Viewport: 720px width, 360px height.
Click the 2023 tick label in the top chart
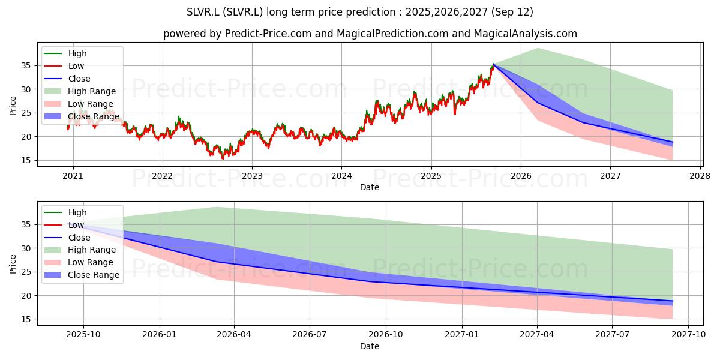(x=252, y=176)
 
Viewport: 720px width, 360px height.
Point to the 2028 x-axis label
(x=700, y=176)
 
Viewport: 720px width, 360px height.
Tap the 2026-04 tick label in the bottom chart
(x=234, y=335)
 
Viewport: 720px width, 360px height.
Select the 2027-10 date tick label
(x=688, y=335)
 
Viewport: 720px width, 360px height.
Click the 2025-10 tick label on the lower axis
(x=83, y=335)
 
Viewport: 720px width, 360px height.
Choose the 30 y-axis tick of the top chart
(x=26, y=89)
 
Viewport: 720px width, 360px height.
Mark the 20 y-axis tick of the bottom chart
(x=26, y=296)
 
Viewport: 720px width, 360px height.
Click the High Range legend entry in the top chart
(x=80, y=91)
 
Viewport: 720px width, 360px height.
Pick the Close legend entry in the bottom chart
(x=67, y=238)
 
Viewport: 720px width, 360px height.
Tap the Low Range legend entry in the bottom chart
(x=79, y=262)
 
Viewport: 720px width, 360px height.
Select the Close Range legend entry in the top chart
(x=82, y=116)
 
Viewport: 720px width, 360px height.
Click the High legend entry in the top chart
(x=65, y=53)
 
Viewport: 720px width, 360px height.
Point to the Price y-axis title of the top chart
(x=13, y=106)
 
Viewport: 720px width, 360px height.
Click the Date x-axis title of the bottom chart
(x=370, y=346)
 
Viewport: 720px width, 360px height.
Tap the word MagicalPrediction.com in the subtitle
(x=392, y=34)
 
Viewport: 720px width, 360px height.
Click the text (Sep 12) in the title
(x=512, y=12)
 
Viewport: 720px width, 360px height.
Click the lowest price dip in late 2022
(x=223, y=159)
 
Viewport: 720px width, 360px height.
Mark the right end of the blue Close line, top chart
(x=673, y=142)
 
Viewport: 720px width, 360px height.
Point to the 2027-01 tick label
(x=462, y=335)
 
